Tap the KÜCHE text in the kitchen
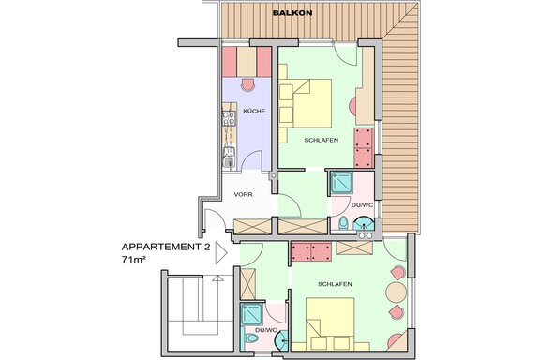(x=253, y=112)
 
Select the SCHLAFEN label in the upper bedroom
(x=322, y=140)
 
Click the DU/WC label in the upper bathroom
(x=362, y=204)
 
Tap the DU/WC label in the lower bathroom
(x=264, y=330)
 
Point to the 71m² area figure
(x=136, y=258)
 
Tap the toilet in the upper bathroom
(x=344, y=223)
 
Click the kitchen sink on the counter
(x=227, y=158)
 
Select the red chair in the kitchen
(x=248, y=82)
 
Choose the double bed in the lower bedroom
(x=330, y=323)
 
